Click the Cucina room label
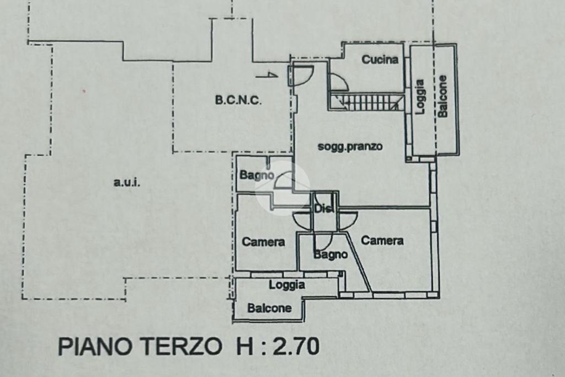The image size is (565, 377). pos(380,60)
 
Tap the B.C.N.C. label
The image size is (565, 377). pos(238,100)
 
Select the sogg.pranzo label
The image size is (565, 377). pos(350,147)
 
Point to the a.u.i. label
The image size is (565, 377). pos(127,183)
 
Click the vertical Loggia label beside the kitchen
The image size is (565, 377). pos(420,97)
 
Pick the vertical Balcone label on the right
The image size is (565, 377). pos(443,96)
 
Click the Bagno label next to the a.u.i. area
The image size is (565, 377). pos(257,176)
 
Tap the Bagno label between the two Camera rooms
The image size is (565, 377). pos(331,255)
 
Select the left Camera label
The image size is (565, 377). pos(263,242)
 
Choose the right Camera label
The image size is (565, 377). pos(382,241)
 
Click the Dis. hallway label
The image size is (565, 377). pos(323,209)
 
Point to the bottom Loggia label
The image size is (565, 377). pos(287,285)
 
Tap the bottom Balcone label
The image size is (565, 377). pos(269,308)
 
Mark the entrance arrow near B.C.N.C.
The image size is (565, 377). pos(267,76)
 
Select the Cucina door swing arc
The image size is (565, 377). pos(342,80)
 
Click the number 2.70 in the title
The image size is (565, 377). pos(296,346)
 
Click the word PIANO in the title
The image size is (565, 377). pos(95,346)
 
